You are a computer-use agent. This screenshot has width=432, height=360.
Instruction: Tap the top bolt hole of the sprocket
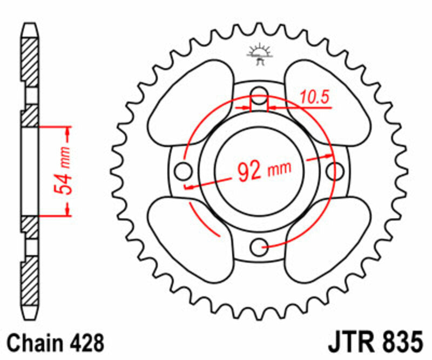coord(259,92)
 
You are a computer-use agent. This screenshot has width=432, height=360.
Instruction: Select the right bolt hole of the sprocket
coord(335,171)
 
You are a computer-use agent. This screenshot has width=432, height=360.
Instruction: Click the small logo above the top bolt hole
coord(259,55)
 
